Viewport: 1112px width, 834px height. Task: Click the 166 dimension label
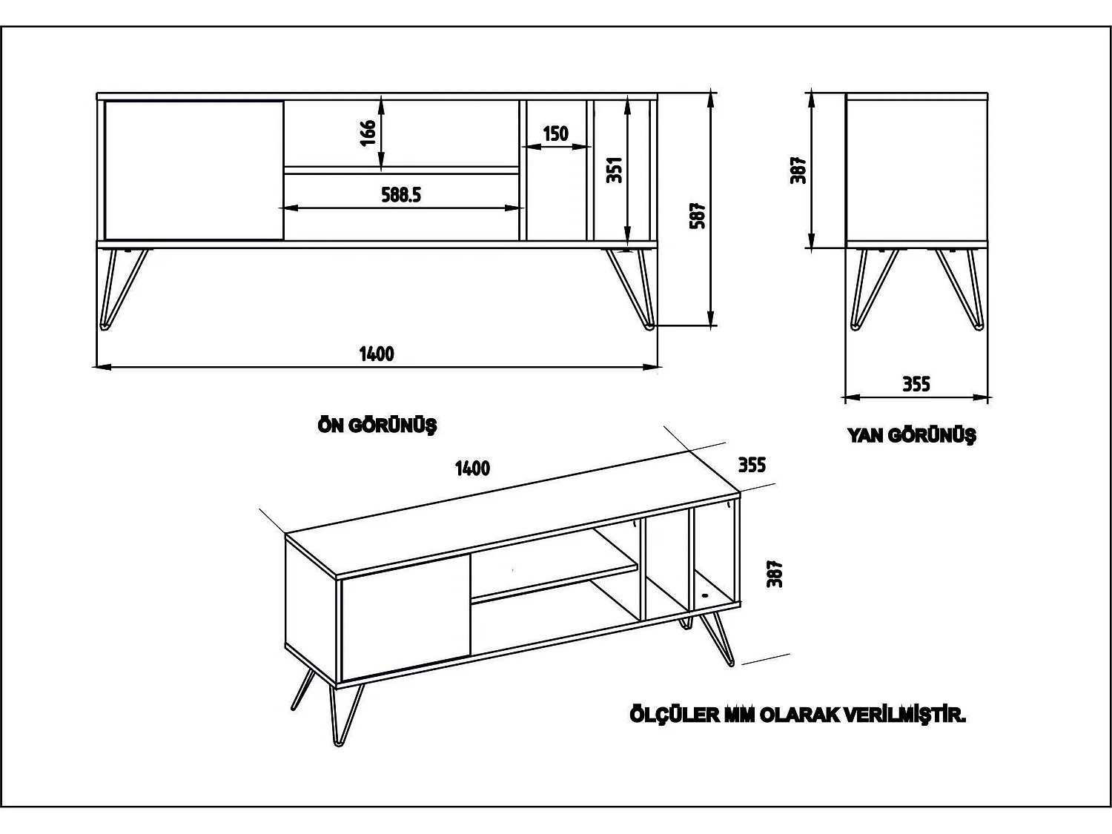click(x=368, y=133)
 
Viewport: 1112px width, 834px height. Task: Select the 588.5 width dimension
click(x=401, y=195)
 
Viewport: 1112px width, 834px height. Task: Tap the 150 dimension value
click(x=555, y=134)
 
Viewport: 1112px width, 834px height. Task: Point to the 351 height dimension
click(x=615, y=170)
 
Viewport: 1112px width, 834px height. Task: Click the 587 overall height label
click(x=698, y=216)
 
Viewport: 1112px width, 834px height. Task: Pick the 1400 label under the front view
click(x=377, y=354)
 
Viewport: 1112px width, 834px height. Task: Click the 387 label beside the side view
click(x=799, y=170)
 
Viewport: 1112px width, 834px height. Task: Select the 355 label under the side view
click(x=916, y=385)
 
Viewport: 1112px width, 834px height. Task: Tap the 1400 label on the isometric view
click(x=472, y=469)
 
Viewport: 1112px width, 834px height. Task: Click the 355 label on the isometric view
click(x=751, y=465)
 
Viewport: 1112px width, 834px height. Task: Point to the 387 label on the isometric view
click(x=775, y=574)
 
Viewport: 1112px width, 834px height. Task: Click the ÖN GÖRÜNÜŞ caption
click(x=377, y=426)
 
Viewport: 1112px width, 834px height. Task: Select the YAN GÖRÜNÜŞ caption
click(x=911, y=435)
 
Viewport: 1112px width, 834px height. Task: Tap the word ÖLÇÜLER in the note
click(x=674, y=715)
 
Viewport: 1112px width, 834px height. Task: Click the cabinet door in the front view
click(x=194, y=171)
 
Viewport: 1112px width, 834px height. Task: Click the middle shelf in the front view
click(x=401, y=171)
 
